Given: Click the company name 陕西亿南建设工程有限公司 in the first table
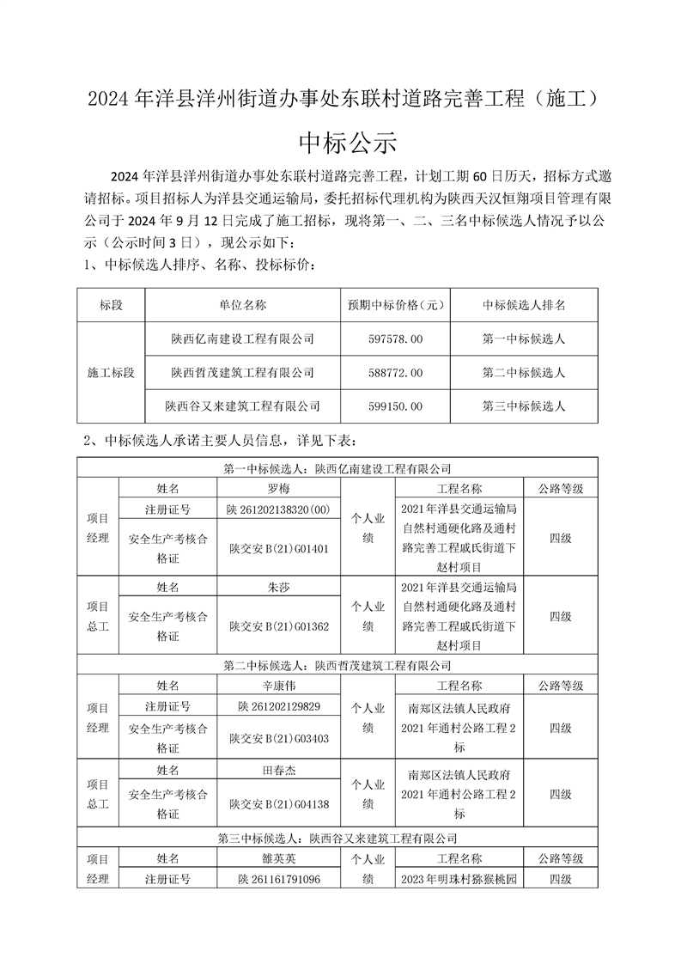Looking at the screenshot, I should (x=242, y=339).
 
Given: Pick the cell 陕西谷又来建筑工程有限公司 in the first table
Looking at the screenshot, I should (x=242, y=406).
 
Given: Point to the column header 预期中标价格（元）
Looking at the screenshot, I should (x=395, y=305).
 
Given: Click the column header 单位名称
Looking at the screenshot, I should (x=242, y=305).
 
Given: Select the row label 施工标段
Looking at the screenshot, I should (x=112, y=373).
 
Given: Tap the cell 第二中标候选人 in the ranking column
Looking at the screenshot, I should (x=524, y=373).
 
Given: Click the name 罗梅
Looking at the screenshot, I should (x=279, y=488).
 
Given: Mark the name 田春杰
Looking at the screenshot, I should (x=279, y=772).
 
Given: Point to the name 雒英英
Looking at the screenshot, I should (x=279, y=858).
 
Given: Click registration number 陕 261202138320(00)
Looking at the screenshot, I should (x=279, y=509).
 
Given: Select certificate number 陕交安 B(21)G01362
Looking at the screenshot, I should (x=279, y=627).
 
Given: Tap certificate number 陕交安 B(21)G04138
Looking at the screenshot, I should (x=279, y=804).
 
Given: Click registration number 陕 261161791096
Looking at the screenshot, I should (x=279, y=879).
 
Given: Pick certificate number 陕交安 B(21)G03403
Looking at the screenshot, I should (x=279, y=738).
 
